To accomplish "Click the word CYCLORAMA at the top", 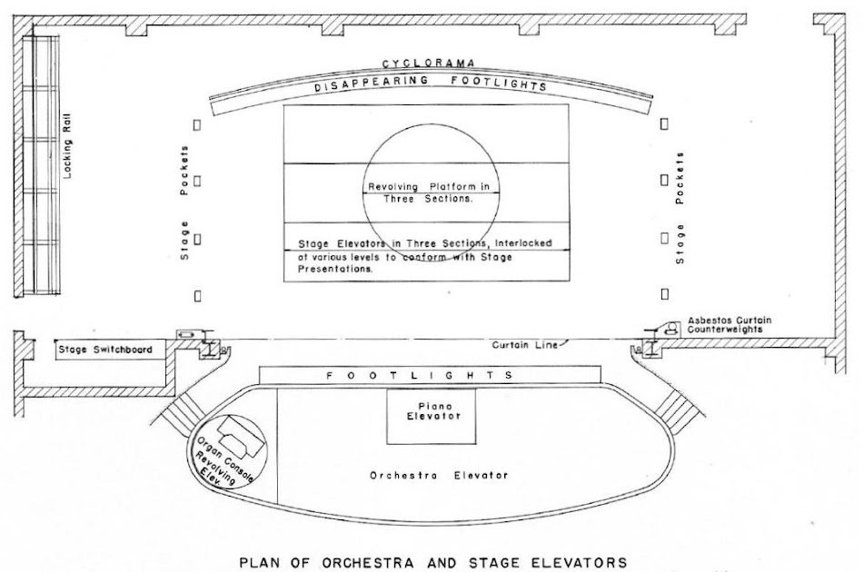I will (431, 64).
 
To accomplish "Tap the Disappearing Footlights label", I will (431, 83).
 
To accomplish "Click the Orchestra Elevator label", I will (439, 475).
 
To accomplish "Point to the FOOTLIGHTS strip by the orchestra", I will (430, 375).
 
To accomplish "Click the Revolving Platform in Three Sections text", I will (432, 192).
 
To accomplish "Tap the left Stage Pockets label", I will (186, 202).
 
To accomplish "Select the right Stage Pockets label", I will (680, 209).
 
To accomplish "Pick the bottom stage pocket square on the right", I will (665, 293).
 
